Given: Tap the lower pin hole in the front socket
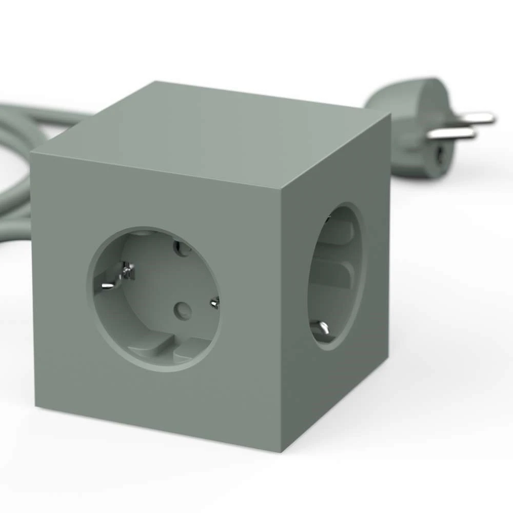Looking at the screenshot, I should pyautogui.click(x=182, y=309).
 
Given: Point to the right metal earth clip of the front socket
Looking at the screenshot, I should pyautogui.click(x=214, y=303).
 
